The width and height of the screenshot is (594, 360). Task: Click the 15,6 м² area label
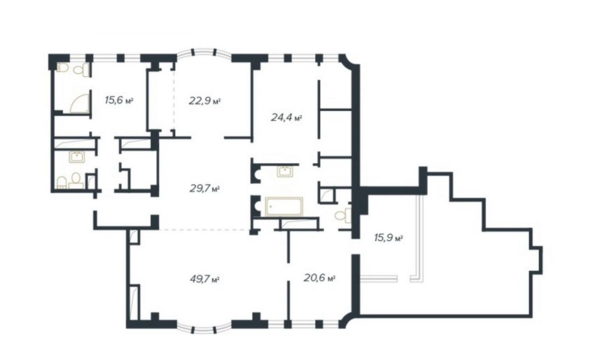coord(119,101)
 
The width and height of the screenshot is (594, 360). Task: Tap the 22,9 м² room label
coord(205,101)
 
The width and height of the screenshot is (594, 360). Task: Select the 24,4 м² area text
coord(287,117)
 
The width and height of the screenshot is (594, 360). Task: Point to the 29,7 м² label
coord(204,189)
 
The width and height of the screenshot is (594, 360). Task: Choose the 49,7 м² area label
coord(204,279)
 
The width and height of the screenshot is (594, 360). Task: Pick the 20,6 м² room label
coord(320,278)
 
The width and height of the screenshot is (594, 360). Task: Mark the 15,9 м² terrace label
coord(389,238)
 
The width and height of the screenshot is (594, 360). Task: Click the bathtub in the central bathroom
coord(284,206)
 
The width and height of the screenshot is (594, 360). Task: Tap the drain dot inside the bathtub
coord(270,206)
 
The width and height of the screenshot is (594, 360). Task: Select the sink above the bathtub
coord(285,171)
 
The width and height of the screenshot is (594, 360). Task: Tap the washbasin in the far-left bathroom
coord(77,157)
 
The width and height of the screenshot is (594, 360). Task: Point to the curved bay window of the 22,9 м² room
coord(204,52)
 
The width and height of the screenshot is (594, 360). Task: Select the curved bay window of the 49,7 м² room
coord(204,328)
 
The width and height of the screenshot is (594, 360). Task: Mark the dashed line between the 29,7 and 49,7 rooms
coord(204,229)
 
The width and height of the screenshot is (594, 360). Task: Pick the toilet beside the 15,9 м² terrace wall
coord(343,215)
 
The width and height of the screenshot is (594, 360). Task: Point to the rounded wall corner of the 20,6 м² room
coord(346,320)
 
